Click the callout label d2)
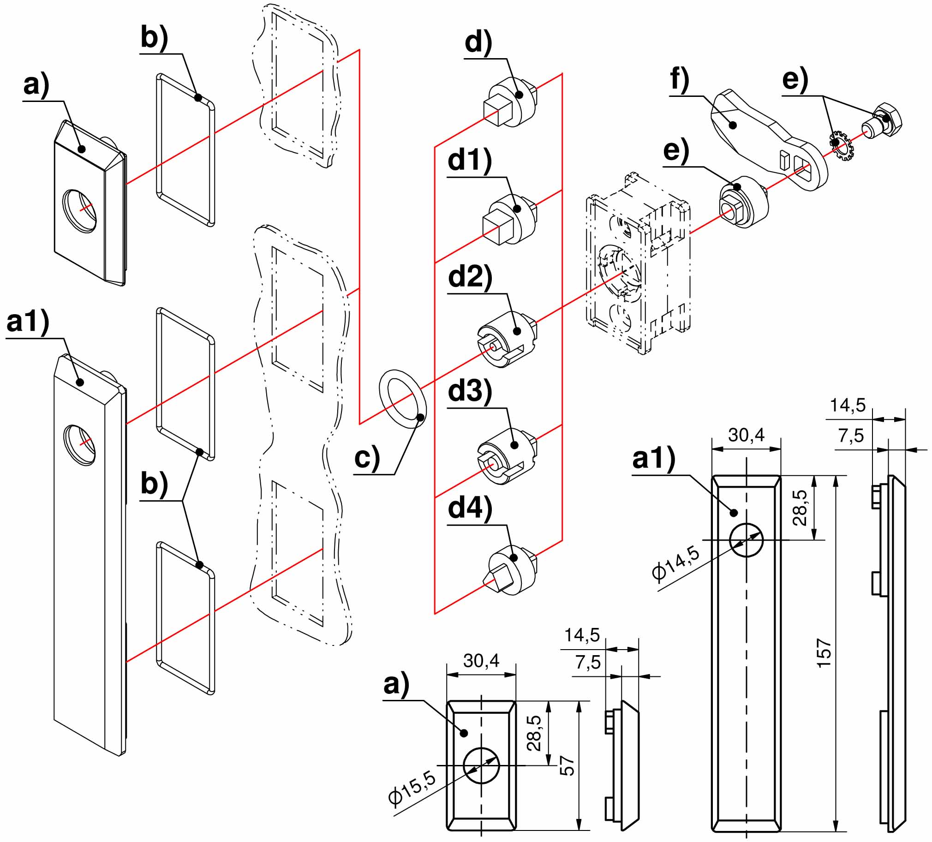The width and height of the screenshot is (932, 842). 470,277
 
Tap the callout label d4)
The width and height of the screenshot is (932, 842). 470,508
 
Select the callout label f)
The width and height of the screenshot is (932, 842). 680,80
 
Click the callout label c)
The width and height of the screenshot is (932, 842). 367,458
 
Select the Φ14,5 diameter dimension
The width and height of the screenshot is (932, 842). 676,561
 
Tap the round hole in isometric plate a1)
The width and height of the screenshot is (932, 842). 79,444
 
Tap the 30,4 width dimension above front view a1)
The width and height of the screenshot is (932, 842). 746,435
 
